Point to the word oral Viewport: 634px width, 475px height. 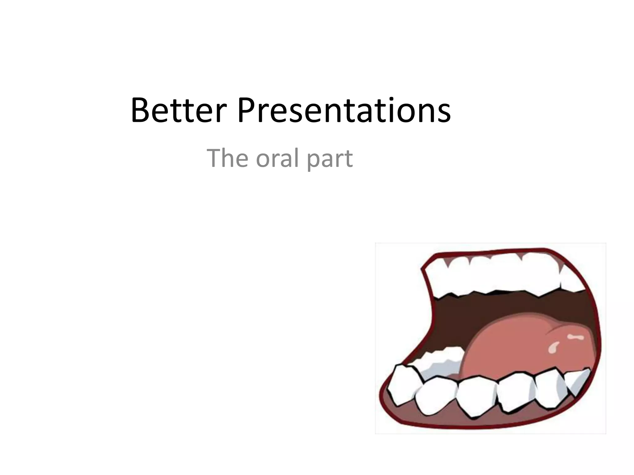[276, 158]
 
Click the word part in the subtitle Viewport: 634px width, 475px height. [330, 160]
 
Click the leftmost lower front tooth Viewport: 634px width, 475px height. [402, 385]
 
